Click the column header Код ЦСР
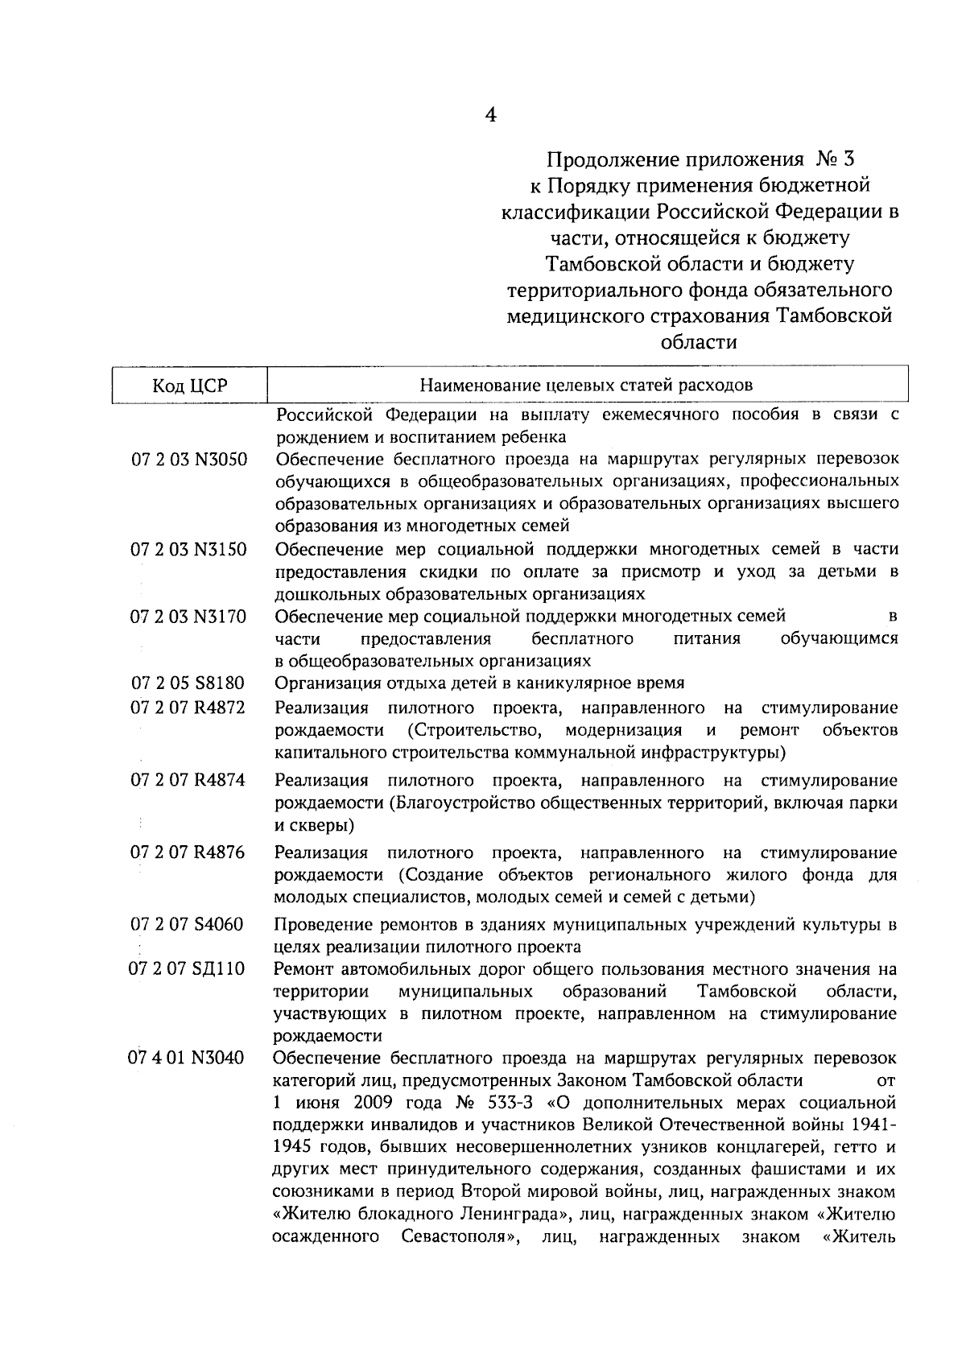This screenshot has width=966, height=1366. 190,386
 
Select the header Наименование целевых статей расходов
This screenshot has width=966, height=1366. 587,385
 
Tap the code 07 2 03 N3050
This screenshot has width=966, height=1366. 188,460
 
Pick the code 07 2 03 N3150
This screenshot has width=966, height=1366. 188,550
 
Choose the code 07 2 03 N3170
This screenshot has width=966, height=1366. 188,617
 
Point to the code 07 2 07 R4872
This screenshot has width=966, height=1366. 188,708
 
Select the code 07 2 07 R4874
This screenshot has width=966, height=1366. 188,780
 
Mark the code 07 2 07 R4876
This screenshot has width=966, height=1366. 188,852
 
